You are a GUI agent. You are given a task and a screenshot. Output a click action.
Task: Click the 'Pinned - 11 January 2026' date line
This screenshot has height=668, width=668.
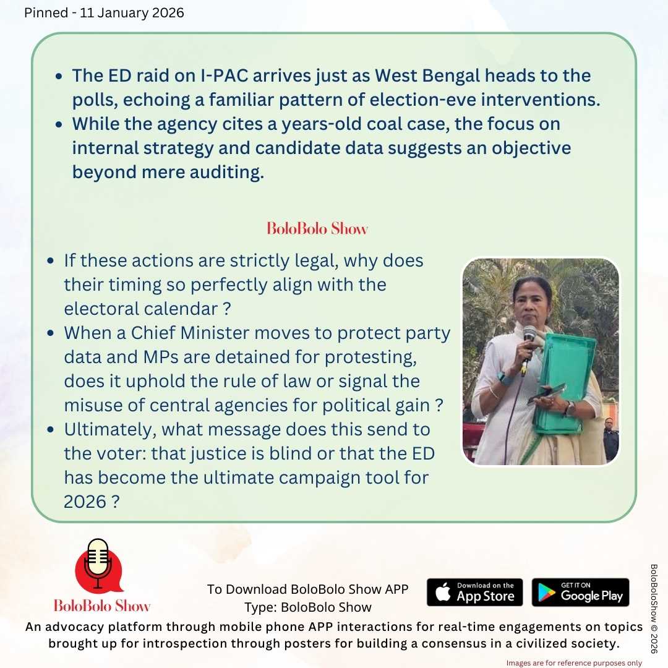click(104, 13)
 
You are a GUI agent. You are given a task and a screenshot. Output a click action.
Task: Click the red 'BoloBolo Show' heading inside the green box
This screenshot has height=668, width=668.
click(317, 229)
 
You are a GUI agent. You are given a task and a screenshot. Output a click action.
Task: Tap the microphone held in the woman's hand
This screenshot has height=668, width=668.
click(529, 336)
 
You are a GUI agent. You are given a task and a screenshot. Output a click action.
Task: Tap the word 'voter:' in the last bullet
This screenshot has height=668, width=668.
click(116, 453)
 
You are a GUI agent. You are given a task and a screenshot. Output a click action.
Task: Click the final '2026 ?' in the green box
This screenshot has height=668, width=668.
click(92, 502)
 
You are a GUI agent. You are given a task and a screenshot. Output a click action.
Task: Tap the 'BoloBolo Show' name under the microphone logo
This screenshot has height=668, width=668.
click(102, 605)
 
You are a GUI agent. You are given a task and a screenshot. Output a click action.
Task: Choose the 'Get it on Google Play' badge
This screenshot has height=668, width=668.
click(580, 593)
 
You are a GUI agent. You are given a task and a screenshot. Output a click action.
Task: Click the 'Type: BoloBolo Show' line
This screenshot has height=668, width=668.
click(308, 607)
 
